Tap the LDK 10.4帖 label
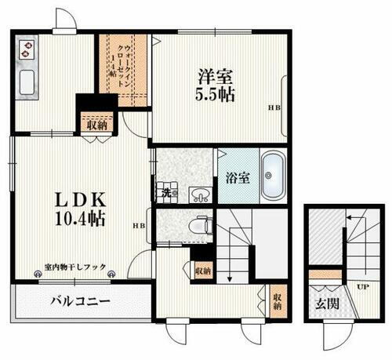(x=60, y=205)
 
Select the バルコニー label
(x=82, y=300)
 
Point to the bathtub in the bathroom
(x=274, y=174)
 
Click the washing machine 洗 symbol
(x=166, y=191)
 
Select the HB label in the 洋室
(x=274, y=108)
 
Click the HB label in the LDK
(x=140, y=227)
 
